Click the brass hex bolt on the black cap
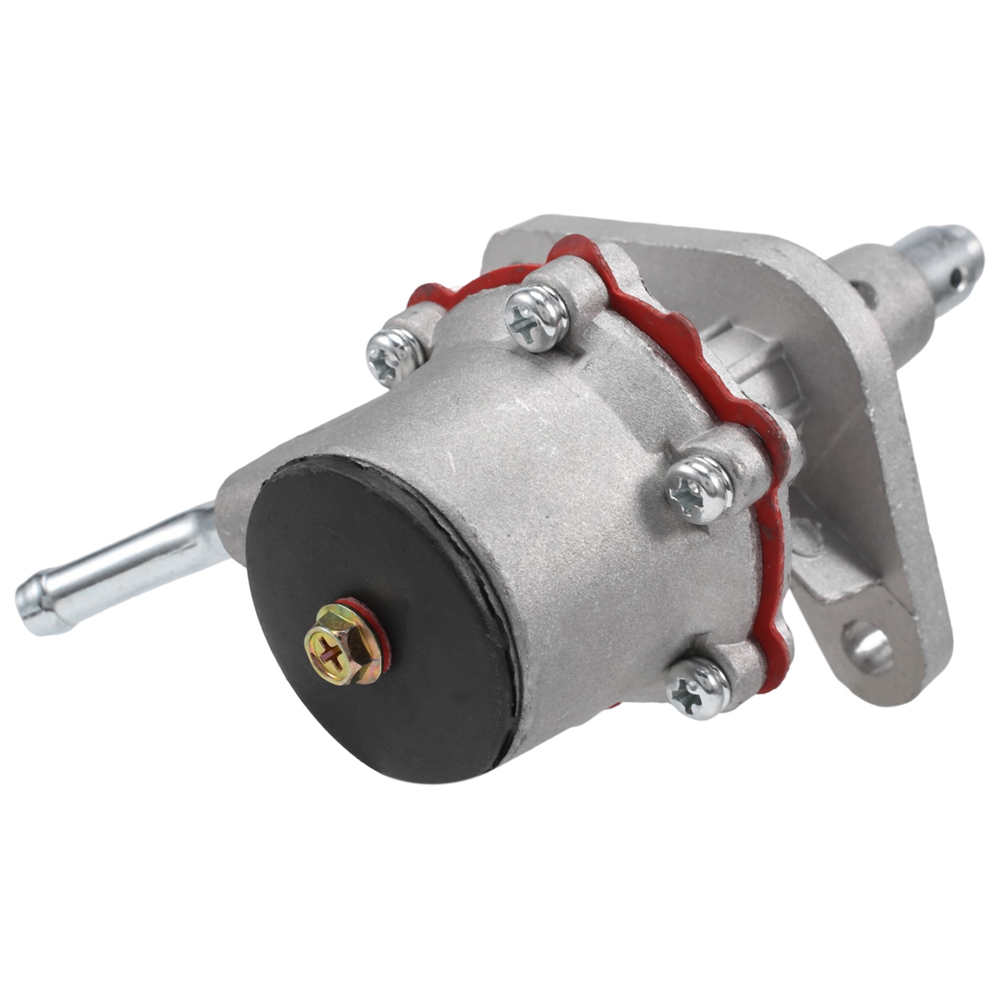click(x=343, y=645)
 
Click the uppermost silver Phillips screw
click(x=537, y=317)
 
